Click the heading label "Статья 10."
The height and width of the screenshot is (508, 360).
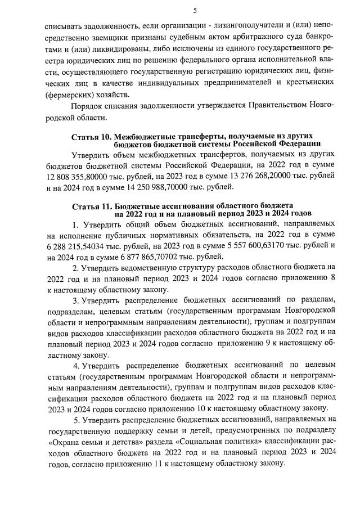[92, 137]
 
